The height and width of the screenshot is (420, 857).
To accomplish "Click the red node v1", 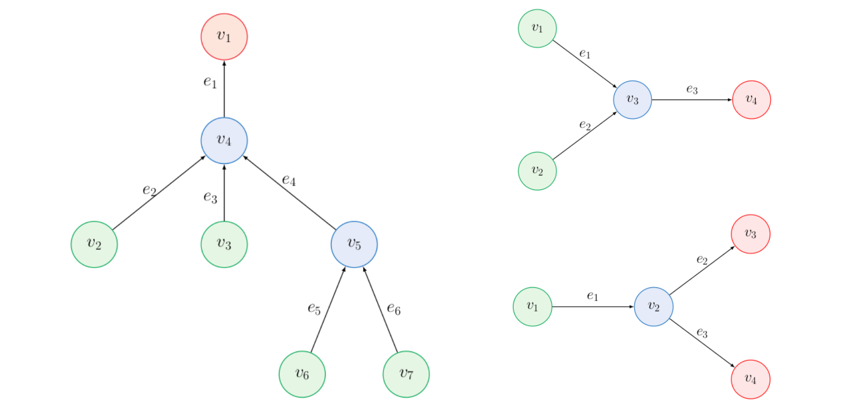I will pos(224,36).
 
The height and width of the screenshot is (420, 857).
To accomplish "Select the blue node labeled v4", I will pos(224,140).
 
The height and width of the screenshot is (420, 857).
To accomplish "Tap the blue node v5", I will pos(354,244).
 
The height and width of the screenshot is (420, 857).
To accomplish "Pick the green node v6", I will pos(302,374).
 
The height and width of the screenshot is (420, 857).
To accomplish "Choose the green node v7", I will pos(406,374).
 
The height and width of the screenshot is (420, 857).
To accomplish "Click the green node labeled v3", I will pos(224,244).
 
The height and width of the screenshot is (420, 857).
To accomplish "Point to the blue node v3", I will pos(633,100).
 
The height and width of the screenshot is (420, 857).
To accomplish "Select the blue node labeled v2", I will pos(653,307).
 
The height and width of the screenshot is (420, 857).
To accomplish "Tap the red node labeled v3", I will pos(750,234).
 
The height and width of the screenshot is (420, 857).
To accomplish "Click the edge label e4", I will pos(289,180).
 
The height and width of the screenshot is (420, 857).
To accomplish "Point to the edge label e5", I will pos(314,308).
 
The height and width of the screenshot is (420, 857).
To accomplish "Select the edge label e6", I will pos(394,309).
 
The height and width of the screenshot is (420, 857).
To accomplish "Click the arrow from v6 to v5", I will pos(328,309).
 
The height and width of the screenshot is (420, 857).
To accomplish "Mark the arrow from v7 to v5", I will pos(380,309).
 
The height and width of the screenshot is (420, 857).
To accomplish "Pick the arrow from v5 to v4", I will pos(289,192).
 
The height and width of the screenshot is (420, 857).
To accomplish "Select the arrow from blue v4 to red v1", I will pos(224,88).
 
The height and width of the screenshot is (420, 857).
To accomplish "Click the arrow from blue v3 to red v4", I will pos(691,100).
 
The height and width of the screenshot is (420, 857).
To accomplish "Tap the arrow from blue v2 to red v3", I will pos(702,271).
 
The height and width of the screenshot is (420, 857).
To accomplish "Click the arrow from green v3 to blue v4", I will pos(224,193).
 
